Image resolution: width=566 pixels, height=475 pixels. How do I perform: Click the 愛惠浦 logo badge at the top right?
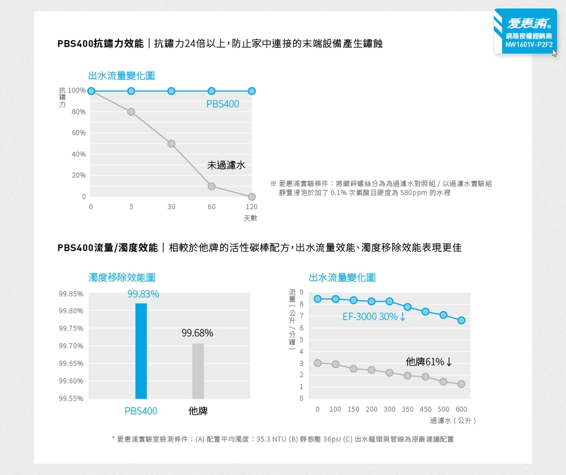tap(525, 31)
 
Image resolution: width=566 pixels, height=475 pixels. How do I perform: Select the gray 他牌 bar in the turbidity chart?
tap(198, 371)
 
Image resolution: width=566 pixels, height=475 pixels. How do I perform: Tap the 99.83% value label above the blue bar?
tap(143, 294)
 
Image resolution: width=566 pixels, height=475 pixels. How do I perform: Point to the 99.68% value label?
tap(198, 334)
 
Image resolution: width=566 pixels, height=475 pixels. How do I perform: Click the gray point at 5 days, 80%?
tap(131, 112)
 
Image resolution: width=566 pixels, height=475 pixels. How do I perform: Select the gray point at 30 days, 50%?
tap(171, 144)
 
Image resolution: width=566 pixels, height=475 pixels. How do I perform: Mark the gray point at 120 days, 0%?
tap(252, 196)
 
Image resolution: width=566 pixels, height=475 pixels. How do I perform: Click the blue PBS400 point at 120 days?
tap(252, 91)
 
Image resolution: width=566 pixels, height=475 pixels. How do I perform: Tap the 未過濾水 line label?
tap(226, 165)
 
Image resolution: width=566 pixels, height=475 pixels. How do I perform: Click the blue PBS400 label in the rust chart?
tap(223, 104)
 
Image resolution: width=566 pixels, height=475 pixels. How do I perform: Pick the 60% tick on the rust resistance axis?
tap(79, 133)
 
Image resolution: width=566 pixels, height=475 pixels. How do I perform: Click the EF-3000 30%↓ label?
tap(374, 316)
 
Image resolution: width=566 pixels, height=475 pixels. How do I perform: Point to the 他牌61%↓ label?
tap(429, 361)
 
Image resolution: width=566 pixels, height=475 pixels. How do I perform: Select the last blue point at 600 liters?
tap(461, 321)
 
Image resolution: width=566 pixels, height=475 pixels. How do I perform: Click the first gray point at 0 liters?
tap(318, 363)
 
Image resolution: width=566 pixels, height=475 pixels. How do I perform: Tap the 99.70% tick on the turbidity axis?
tap(71, 345)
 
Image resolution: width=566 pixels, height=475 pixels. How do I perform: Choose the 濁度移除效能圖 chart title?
tap(122, 277)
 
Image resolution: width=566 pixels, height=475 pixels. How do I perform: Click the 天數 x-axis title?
tap(250, 218)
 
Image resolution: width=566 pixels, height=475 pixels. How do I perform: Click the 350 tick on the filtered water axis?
tap(407, 409)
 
